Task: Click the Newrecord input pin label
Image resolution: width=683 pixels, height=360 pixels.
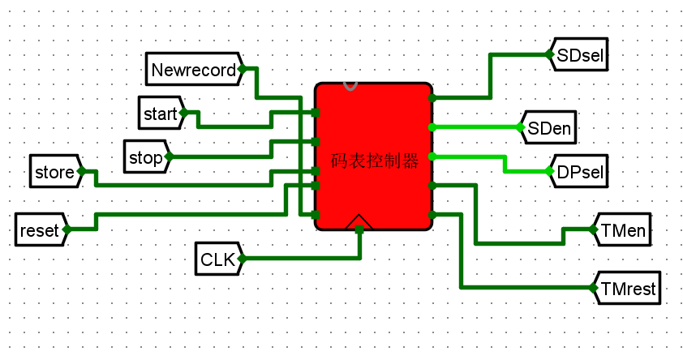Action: [193, 70]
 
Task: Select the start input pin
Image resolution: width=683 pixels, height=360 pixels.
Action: [160, 114]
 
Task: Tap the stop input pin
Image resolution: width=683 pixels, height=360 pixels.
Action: [146, 156]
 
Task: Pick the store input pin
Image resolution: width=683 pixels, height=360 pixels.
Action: [54, 172]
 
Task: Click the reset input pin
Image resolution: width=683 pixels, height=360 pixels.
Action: [39, 230]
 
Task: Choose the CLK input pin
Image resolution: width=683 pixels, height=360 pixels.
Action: [217, 259]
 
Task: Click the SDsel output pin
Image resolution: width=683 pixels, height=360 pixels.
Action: [578, 55]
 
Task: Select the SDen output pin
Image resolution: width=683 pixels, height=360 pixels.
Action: [549, 127]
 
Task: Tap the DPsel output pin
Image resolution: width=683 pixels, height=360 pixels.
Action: [578, 172]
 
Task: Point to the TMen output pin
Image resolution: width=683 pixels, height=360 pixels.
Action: [623, 230]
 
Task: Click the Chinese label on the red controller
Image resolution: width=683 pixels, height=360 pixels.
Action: [375, 161]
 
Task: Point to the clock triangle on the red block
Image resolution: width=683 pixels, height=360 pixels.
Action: [359, 222]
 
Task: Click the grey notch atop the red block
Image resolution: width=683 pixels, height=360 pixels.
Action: [350, 85]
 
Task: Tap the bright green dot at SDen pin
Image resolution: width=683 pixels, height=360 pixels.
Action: [520, 127]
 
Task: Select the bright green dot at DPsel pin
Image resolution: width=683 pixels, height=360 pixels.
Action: [549, 172]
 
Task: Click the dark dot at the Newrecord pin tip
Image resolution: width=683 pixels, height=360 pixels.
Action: [242, 70]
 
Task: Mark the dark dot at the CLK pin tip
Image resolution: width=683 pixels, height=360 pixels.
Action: [242, 259]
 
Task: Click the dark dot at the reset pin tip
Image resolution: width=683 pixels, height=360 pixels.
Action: [67, 230]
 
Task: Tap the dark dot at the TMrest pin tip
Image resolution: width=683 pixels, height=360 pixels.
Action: [593, 288]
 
